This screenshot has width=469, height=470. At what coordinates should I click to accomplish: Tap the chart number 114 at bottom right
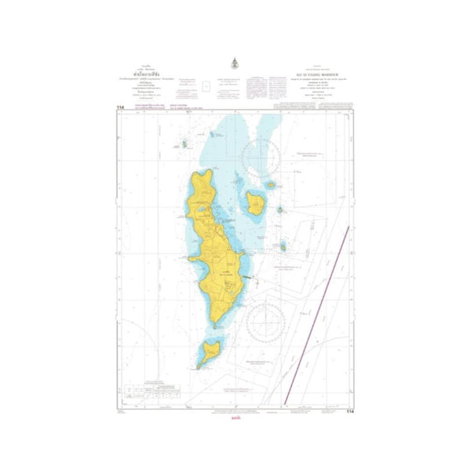tap(350, 410)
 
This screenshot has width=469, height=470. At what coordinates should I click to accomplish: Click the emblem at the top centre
tap(233, 67)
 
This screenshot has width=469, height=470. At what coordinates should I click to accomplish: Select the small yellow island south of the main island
tap(209, 350)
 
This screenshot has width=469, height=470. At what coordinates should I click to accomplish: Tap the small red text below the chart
tap(233, 420)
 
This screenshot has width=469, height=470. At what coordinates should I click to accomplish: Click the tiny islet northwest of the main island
tap(184, 143)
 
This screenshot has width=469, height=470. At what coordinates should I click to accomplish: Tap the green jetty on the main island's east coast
tap(248, 277)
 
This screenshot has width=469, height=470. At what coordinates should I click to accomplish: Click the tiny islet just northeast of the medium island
tap(271, 186)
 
